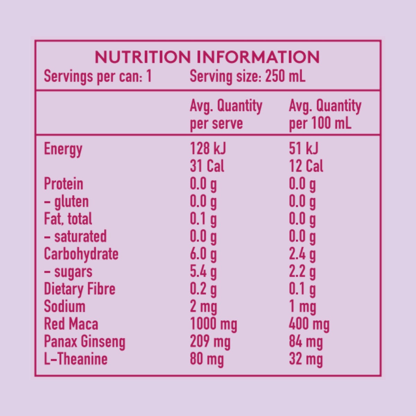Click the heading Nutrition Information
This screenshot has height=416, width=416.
(207, 57)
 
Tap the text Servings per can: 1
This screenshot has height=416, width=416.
(98, 76)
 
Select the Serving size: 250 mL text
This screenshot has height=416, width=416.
(248, 76)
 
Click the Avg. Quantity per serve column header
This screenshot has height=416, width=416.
(226, 114)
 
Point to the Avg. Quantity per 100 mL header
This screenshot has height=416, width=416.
(325, 114)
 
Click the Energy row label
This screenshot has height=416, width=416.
(63, 149)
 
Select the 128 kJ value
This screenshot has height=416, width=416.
(208, 149)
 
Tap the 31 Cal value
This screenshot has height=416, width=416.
(207, 166)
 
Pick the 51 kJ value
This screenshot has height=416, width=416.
(303, 149)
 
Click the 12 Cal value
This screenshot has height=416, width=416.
(306, 166)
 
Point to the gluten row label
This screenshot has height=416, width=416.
(66, 202)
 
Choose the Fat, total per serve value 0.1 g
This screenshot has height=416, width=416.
(203, 219)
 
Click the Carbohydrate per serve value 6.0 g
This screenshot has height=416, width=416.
(203, 254)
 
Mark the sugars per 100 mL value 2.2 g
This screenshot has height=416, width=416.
(302, 272)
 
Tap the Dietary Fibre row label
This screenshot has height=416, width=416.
(79, 289)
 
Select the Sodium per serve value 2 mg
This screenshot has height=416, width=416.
(203, 307)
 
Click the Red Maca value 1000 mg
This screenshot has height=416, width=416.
(213, 324)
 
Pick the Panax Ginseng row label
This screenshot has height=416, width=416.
(85, 342)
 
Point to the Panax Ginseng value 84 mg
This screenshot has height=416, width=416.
(306, 342)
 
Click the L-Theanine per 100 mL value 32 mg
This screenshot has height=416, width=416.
(306, 359)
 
